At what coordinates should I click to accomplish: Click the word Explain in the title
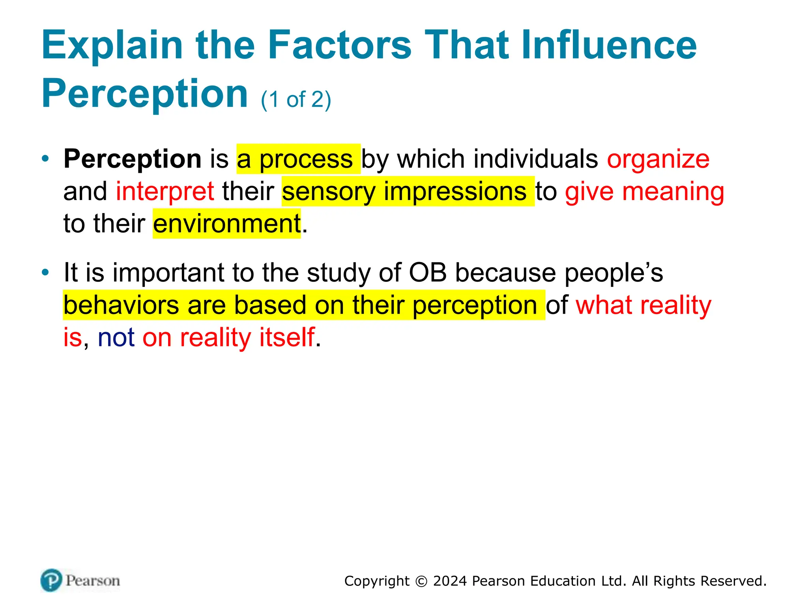(x=112, y=46)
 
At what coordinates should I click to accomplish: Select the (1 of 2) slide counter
(x=296, y=99)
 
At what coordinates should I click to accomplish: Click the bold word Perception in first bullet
(x=133, y=159)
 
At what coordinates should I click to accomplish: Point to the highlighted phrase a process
(x=298, y=159)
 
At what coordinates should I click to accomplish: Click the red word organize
(x=658, y=159)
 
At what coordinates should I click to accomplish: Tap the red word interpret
(x=165, y=192)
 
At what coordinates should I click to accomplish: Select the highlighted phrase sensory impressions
(x=408, y=192)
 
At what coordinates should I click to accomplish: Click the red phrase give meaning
(x=644, y=192)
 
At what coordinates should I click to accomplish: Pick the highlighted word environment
(x=227, y=224)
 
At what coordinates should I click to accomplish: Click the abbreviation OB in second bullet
(x=428, y=273)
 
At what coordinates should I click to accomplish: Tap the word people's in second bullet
(x=613, y=273)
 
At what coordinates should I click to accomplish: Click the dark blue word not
(x=116, y=338)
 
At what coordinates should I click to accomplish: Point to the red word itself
(x=287, y=338)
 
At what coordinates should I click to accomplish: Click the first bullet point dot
(x=46, y=159)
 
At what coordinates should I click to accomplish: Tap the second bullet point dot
(x=46, y=272)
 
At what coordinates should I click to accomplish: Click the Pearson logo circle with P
(x=51, y=580)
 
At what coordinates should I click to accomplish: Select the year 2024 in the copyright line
(x=450, y=581)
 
